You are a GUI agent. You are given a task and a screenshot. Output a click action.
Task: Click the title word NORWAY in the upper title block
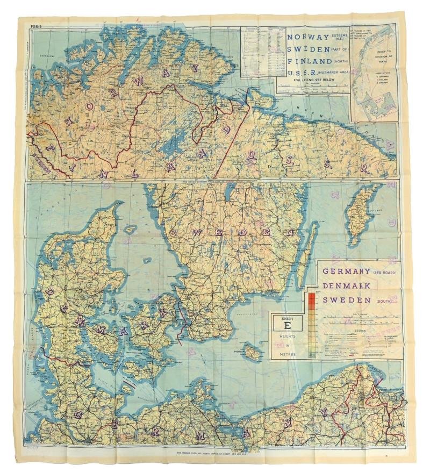click(307, 38)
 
